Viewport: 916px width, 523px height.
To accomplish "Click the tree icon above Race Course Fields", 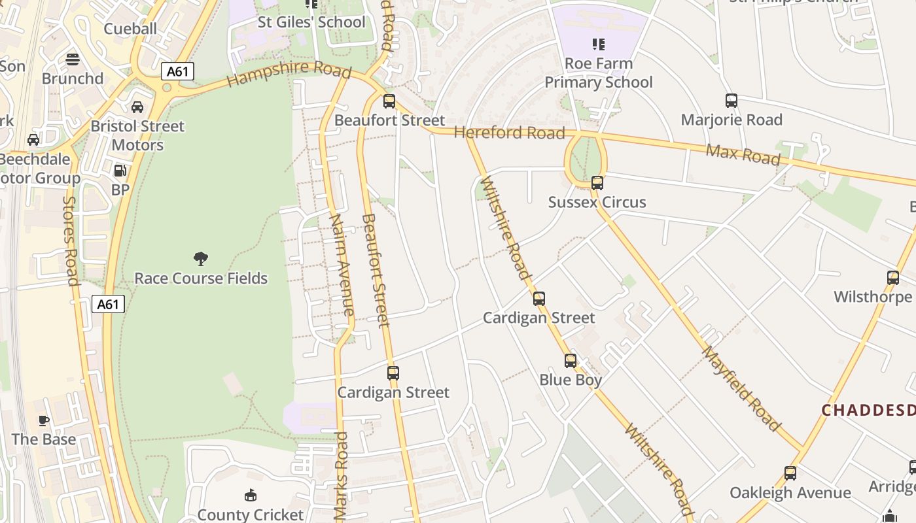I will [x=201, y=258].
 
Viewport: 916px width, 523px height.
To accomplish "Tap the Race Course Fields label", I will [x=201, y=278].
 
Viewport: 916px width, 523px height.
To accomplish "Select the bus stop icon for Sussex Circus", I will [x=597, y=183].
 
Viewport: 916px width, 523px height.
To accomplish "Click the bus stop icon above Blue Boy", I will [x=571, y=360].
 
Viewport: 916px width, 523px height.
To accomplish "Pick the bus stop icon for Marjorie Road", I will [x=731, y=101].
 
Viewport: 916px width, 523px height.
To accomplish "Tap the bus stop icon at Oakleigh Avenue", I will [x=790, y=473].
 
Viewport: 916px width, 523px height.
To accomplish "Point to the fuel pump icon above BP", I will [x=120, y=171].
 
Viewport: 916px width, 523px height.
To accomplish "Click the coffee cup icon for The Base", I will [x=44, y=420].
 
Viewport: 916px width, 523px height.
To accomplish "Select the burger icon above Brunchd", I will [x=73, y=59].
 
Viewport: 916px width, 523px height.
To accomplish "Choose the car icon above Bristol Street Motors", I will [x=137, y=107].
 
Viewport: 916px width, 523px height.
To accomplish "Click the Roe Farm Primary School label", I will [x=599, y=73].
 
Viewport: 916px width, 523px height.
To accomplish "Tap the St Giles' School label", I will [x=311, y=22].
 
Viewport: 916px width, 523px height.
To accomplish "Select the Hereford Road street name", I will [x=509, y=133].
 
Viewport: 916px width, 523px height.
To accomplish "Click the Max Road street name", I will [x=743, y=154].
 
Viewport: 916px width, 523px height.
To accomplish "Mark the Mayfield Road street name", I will [x=742, y=388].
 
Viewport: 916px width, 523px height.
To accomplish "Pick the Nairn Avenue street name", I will [x=342, y=264].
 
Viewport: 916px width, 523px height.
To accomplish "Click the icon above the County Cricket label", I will [x=250, y=496].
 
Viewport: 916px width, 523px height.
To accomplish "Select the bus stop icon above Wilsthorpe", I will [x=893, y=277].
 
